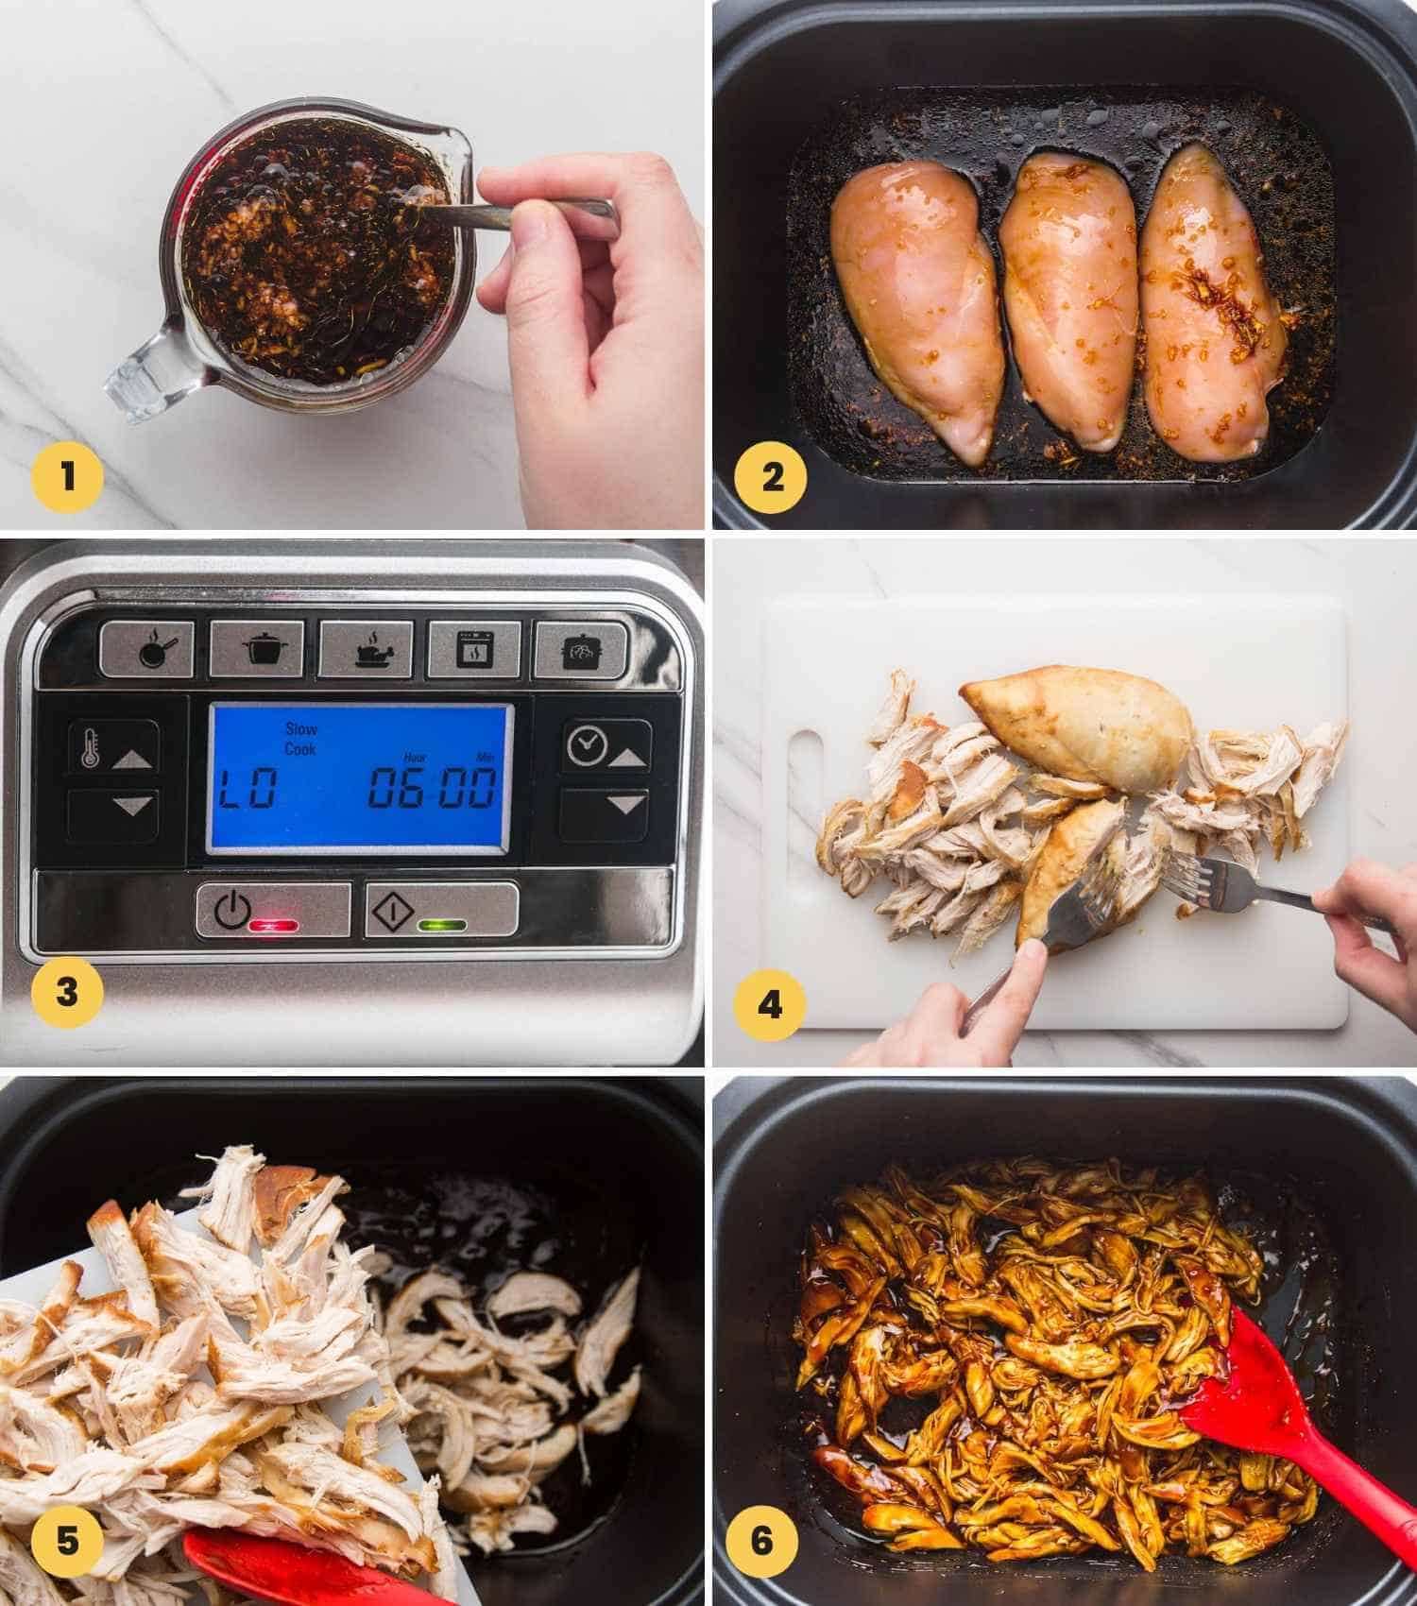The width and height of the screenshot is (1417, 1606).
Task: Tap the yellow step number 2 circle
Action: pos(773,477)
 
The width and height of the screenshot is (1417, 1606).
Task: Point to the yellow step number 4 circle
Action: pos(770,1005)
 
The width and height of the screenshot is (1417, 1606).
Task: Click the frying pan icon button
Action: pos(147,648)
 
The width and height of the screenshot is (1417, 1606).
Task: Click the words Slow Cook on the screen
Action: pos(301,738)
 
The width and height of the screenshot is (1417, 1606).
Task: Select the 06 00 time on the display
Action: pos(432,787)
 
